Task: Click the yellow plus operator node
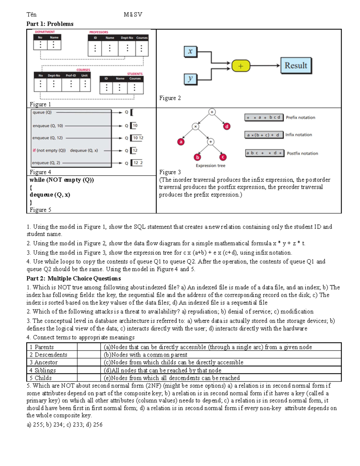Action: (241, 66)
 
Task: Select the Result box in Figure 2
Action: (296, 66)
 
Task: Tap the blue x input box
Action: (190, 51)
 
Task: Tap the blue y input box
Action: (190, 79)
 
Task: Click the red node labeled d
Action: (227, 126)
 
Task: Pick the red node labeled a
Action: (181, 142)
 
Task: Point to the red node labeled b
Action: (197, 157)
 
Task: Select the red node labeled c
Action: (223, 157)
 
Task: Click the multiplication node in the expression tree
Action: (195, 127)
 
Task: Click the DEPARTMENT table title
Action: (45, 32)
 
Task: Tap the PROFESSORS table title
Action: (99, 32)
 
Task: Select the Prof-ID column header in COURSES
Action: (71, 76)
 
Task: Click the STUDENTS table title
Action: (135, 74)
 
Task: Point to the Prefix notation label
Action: (300, 118)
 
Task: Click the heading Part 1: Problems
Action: (50, 24)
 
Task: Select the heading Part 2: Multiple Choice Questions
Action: (73, 278)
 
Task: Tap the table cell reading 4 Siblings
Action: (52, 370)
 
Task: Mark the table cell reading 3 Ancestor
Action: (52, 362)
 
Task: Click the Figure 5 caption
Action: (40, 210)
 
